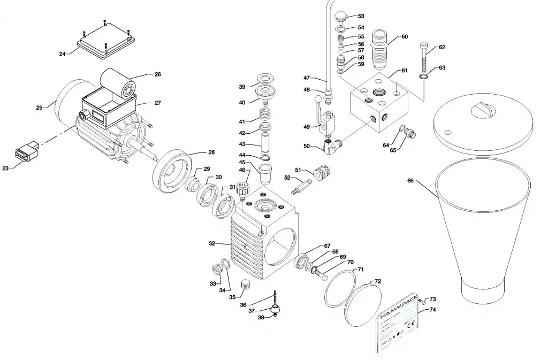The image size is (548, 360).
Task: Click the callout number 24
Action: pos(63,54)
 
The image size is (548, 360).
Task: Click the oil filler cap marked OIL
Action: pos(243,188)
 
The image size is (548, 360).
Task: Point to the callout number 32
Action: pos(212,243)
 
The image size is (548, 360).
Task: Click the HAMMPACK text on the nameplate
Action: pos(397,308)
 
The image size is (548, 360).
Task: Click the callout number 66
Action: pos(410,181)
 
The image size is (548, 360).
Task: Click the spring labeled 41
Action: pos(265,115)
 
